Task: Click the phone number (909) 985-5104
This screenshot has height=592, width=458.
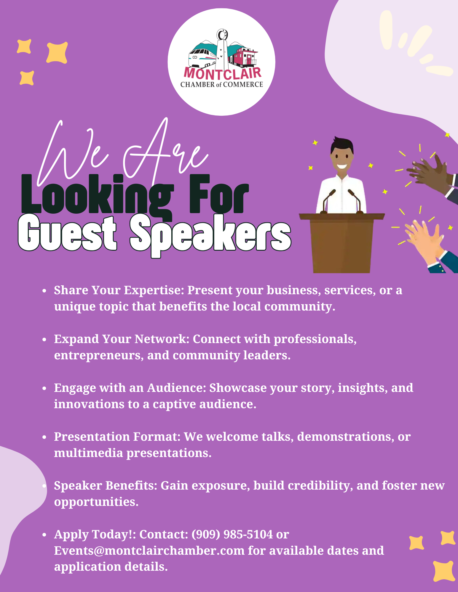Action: [x=232, y=535]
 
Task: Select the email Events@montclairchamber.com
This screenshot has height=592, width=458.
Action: [x=149, y=551]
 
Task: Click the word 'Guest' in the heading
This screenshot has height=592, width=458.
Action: [x=67, y=233]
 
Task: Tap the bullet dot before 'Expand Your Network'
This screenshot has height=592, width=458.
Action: [x=44, y=340]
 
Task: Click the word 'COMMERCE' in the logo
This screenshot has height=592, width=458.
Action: [x=243, y=85]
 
